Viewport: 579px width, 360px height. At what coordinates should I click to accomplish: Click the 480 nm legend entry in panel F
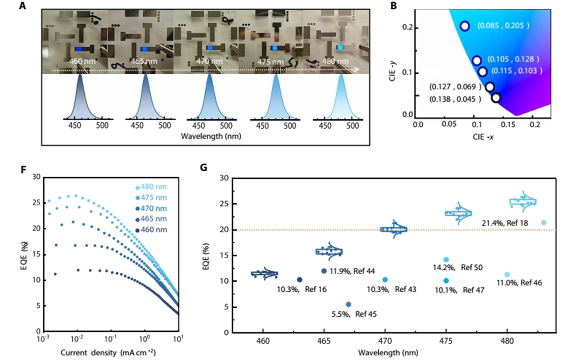[x=153, y=187]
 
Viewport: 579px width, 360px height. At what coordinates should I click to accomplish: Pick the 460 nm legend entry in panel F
[x=153, y=229]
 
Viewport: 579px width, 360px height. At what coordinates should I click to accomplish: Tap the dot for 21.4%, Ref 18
[x=544, y=222]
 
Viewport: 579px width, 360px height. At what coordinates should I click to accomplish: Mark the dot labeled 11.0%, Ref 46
[x=507, y=275]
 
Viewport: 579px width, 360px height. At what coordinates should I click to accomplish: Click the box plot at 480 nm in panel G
[x=523, y=201]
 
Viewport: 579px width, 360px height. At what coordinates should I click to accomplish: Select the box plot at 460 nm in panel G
[x=265, y=273]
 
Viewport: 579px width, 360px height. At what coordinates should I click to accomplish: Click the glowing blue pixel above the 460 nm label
[x=79, y=48]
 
